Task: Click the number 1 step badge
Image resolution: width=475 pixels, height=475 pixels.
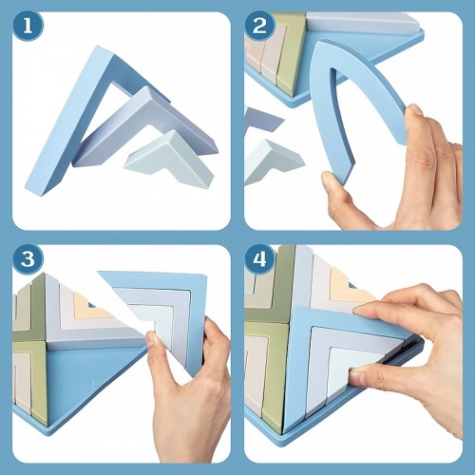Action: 28,26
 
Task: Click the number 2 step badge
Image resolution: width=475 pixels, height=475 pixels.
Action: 259,26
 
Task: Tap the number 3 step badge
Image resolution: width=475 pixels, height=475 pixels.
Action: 28,259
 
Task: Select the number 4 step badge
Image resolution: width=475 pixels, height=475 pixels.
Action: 259,259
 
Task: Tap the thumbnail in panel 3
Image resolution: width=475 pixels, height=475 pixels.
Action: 150,339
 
